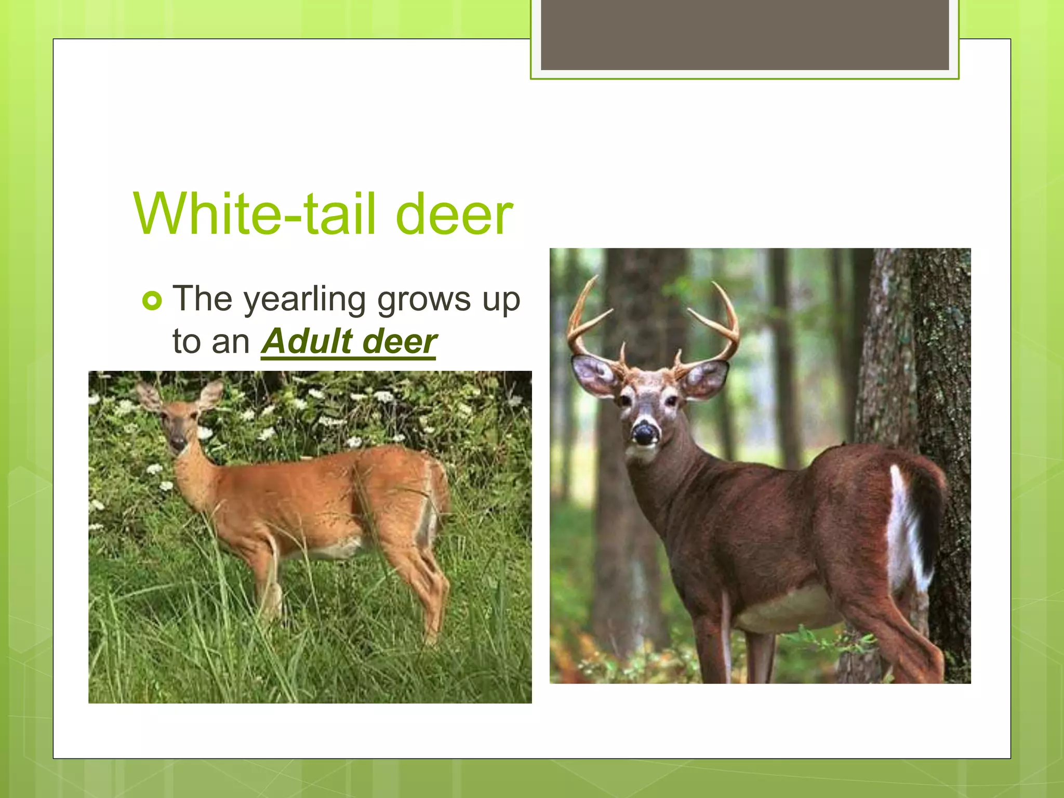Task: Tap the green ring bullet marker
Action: pyautogui.click(x=152, y=300)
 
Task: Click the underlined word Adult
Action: pyautogui.click(x=307, y=341)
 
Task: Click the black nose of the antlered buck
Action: pyautogui.click(x=645, y=433)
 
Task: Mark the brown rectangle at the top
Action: pyautogui.click(x=744, y=34)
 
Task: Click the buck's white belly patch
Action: pyautogui.click(x=790, y=608)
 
